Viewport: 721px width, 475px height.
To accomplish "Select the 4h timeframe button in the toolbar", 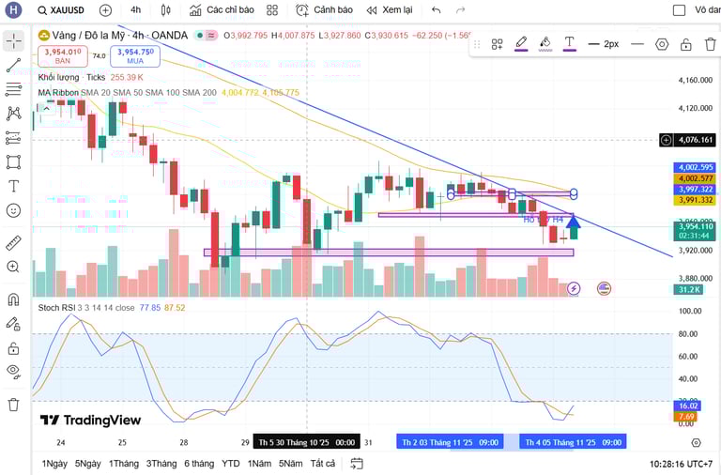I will (135, 10).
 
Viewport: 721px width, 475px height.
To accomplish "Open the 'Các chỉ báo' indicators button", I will (222, 10).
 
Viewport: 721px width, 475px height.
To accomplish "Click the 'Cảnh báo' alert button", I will (325, 10).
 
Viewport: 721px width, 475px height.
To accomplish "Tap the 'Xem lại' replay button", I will (390, 10).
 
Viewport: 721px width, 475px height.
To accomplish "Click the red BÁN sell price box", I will (62, 55).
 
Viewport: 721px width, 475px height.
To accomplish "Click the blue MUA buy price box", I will (134, 55).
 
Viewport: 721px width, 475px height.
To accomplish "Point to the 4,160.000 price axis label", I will (696, 81).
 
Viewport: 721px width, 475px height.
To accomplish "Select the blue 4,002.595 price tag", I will (695, 167).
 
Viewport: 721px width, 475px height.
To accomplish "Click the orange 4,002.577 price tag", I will (695, 178).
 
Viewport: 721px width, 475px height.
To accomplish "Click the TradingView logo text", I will (90, 421).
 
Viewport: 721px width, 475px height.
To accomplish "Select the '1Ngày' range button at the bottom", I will (54, 464).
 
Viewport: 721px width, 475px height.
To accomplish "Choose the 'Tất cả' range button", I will (323, 464).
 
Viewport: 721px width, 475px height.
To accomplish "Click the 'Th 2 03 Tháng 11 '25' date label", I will (450, 442).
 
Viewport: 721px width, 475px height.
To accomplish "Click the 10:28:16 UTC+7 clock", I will (681, 464).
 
